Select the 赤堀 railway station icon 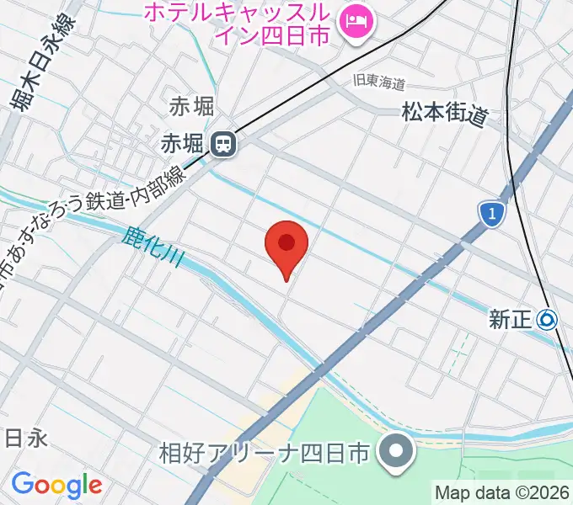[223, 145]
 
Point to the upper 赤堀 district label [191, 107]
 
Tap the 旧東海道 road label [379, 83]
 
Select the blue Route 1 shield [491, 214]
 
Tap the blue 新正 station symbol [548, 319]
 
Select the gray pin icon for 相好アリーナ [394, 452]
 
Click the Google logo [56, 485]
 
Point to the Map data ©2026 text [502, 492]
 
